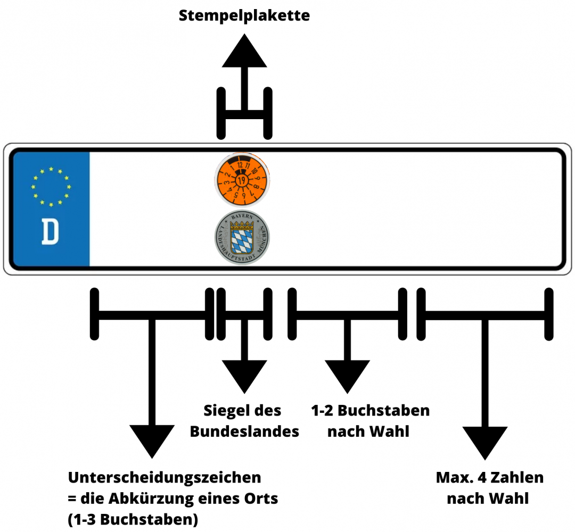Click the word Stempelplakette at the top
pos(244,15)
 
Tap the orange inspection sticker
pos(243,180)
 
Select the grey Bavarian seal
pos(243,237)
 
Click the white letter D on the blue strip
pos(50,232)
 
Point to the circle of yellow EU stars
pos(51,186)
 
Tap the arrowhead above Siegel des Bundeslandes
pos(244,376)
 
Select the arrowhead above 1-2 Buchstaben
pos(347,376)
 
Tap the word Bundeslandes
pos(244,431)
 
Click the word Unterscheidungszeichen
pos(165,477)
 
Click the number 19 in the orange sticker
pos(242,181)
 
